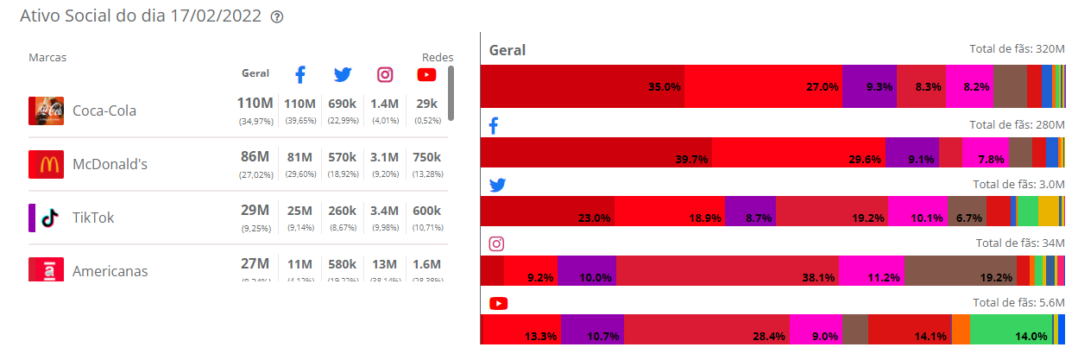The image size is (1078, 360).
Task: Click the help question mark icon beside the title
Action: pos(277,17)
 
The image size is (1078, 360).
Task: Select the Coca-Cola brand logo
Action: pos(46,111)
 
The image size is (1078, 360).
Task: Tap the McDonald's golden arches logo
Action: pos(46,164)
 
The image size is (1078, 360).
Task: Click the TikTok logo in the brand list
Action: pos(49,218)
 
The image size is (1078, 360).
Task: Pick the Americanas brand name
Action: pos(110,271)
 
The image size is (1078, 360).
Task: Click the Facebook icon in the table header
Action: pos(300,74)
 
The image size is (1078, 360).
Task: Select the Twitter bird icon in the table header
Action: pos(343,74)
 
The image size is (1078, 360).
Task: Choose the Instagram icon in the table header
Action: pos(385,74)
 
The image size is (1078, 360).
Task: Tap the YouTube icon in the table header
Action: pos(426,74)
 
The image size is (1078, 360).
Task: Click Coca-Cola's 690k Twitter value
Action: pos(343,104)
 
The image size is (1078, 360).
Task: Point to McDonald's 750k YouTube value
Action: pos(426,157)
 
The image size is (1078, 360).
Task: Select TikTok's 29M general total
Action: pos(255,211)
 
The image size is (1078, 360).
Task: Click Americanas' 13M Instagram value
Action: pos(385,264)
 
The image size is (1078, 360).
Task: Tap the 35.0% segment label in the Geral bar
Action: pos(665,87)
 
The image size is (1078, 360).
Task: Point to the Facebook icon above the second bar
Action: pos(495,126)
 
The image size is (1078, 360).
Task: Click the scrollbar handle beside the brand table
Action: pos(451,93)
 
